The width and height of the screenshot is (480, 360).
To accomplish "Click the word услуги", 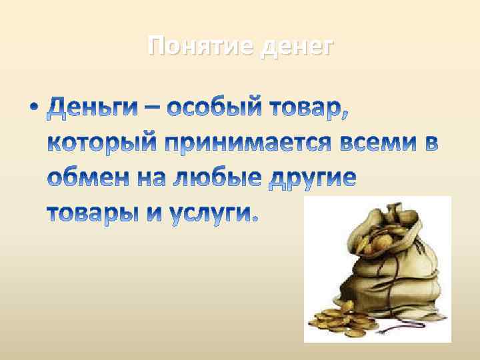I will (210, 214).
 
